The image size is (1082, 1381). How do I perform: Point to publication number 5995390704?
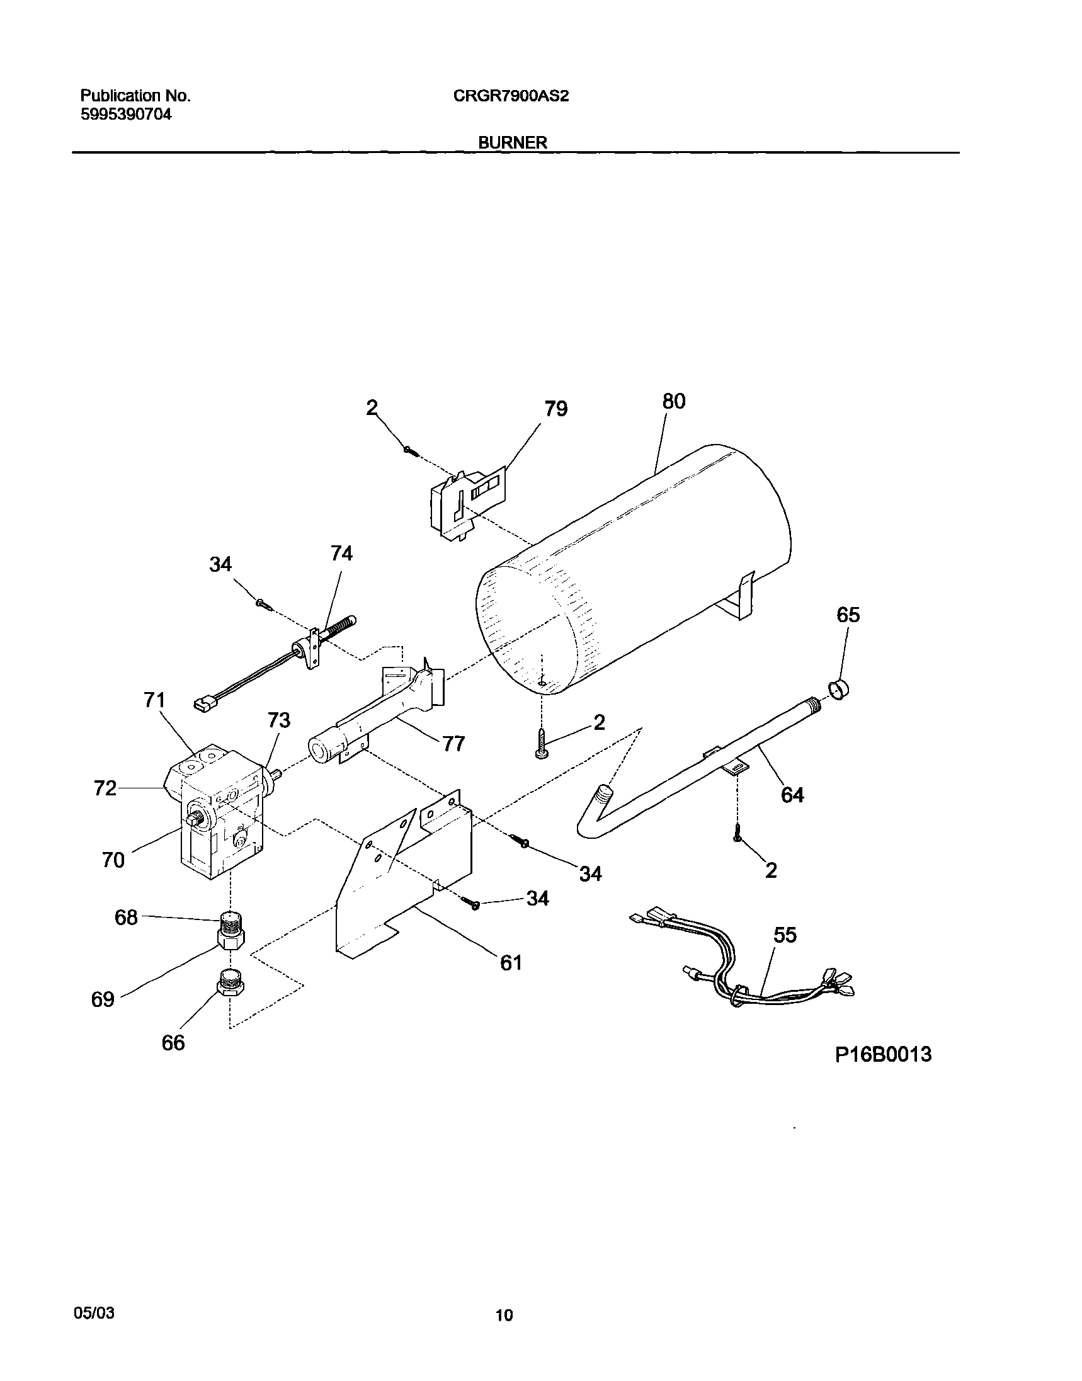[x=125, y=115]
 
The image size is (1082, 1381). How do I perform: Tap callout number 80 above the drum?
[x=673, y=401]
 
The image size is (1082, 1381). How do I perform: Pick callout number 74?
[x=341, y=554]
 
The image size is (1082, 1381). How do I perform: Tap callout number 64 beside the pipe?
[x=792, y=794]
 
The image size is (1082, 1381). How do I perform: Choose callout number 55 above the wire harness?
[x=785, y=935]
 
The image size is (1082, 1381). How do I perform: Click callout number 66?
[x=173, y=1043]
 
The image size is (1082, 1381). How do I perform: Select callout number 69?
[x=103, y=999]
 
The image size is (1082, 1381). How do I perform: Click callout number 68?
[x=126, y=917]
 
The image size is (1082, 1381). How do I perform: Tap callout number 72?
[x=105, y=788]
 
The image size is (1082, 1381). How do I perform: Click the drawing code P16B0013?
[x=883, y=1054]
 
